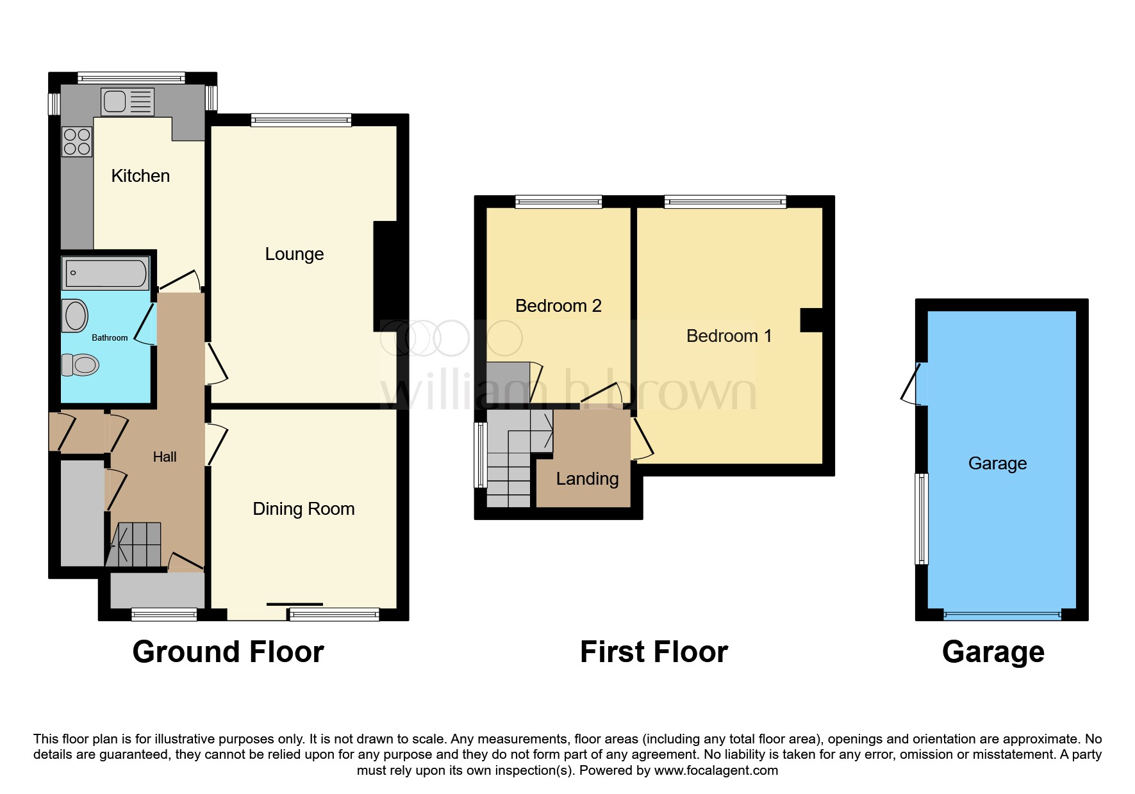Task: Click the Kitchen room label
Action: pyautogui.click(x=140, y=176)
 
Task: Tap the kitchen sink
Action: pyautogui.click(x=128, y=102)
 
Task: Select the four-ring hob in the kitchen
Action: pyautogui.click(x=77, y=142)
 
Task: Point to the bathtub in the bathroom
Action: pyautogui.click(x=106, y=273)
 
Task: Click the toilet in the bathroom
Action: pyautogui.click(x=81, y=365)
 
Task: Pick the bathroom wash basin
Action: pyautogui.click(x=75, y=316)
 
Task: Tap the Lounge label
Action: pyautogui.click(x=294, y=254)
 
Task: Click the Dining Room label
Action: pyautogui.click(x=304, y=509)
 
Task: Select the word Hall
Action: pyautogui.click(x=165, y=457)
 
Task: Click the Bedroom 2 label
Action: pyautogui.click(x=558, y=306)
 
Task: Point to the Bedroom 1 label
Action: pyautogui.click(x=729, y=336)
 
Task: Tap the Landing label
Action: pyautogui.click(x=587, y=479)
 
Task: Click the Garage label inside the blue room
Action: pyautogui.click(x=997, y=464)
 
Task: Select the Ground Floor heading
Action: pyautogui.click(x=228, y=652)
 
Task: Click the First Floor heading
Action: pyautogui.click(x=654, y=652)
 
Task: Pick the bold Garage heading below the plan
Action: pyautogui.click(x=993, y=652)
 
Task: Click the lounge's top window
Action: pyautogui.click(x=301, y=120)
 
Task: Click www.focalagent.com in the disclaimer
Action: pyautogui.click(x=716, y=770)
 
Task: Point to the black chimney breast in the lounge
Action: pyautogui.click(x=386, y=277)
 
